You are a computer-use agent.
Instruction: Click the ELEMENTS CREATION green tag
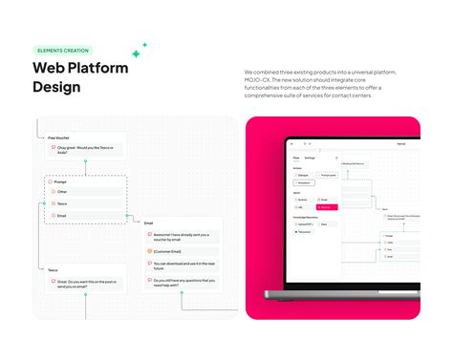click(63, 51)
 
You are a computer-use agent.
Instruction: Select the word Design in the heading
click(56, 87)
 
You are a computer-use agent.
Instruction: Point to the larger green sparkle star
click(136, 53)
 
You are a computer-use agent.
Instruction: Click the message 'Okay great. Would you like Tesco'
click(88, 150)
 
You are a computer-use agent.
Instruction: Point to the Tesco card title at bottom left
click(54, 270)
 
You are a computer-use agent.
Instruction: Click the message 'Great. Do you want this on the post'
click(88, 283)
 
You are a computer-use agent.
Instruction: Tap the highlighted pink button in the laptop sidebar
click(327, 205)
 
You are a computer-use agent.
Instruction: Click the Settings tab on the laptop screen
click(310, 157)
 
